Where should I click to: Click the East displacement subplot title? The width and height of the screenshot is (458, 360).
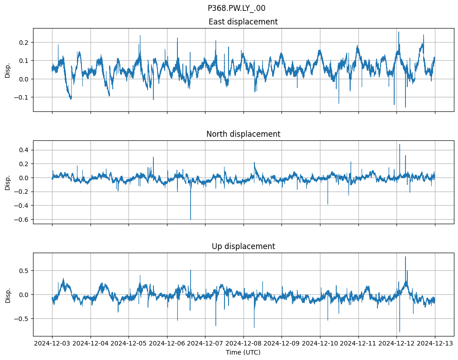pos(243,22)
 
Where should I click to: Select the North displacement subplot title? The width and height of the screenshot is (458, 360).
pos(243,134)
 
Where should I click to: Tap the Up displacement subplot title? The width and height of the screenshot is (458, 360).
pos(243,246)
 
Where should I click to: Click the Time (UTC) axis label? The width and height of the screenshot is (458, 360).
pos(243,352)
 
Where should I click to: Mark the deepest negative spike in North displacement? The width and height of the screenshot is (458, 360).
pos(191,219)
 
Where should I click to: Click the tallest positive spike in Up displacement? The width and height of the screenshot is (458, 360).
pos(405,257)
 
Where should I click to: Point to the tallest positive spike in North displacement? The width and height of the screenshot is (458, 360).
pos(399,144)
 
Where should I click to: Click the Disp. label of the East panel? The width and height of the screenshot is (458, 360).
pos(8,70)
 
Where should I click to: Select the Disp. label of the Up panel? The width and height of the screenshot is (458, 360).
pos(8,294)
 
